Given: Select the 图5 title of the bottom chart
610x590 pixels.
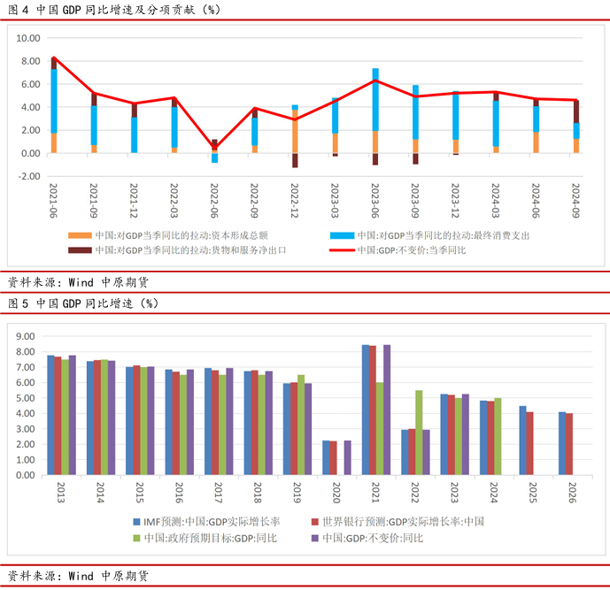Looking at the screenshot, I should [x=84, y=303].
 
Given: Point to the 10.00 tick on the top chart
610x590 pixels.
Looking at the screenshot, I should [x=29, y=39].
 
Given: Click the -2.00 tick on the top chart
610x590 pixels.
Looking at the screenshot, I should [x=29, y=176].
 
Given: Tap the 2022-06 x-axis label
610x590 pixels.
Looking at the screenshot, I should [x=214, y=202].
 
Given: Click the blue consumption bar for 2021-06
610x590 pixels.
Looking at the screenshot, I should [x=54, y=101].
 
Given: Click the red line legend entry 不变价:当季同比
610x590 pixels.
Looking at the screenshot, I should [x=416, y=250].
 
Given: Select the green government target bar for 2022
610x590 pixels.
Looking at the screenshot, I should [x=419, y=433].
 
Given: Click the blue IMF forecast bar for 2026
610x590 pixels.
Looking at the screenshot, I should [x=561, y=443].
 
